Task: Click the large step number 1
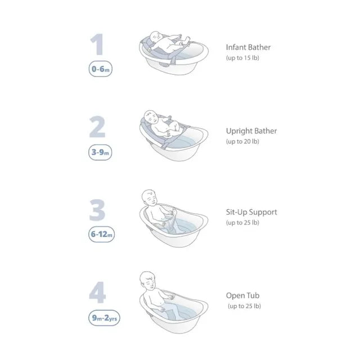pos(97,44)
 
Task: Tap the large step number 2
pos(97,127)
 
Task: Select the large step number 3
pos(97,210)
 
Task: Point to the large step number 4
pos(97,292)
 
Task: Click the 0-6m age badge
pos(101,69)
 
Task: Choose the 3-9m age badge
pos(100,152)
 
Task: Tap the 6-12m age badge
pos(101,234)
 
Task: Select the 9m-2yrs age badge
pos(104,318)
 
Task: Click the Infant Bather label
pos(248,47)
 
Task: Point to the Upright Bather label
pos(251,131)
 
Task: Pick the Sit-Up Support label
pos(251,212)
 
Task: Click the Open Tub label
pos(242,296)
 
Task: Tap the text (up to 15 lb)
pos(242,58)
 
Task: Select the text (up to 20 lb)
pos(242,141)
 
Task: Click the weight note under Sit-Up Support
pos(242,223)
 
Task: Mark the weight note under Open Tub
pos(244,306)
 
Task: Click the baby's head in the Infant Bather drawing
pos(156,37)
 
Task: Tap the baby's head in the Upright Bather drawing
pos(151,117)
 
